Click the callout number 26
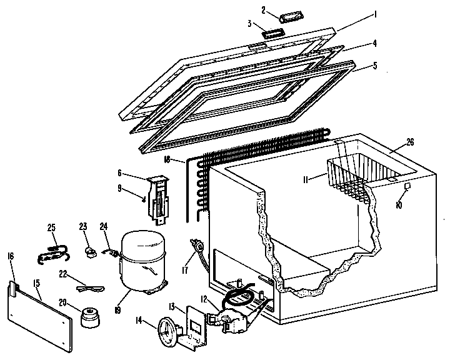pos(392,141)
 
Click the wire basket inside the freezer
pos(354,172)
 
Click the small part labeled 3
pos(272,34)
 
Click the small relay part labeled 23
pos(91,249)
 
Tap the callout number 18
pos(166,160)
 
